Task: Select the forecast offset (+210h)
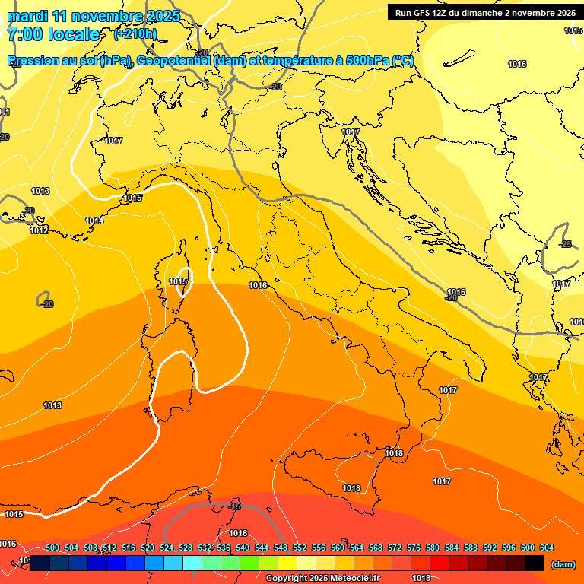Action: [x=135, y=34]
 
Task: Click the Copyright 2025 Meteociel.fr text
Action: [x=322, y=579]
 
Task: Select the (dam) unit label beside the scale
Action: [x=563, y=564]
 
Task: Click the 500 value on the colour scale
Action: [x=52, y=548]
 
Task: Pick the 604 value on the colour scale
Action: [x=547, y=548]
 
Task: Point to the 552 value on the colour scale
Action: [x=300, y=548]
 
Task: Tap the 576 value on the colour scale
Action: [x=414, y=548]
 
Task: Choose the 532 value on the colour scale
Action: [x=205, y=548]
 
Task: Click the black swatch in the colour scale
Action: [x=534, y=563]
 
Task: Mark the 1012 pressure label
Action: [x=40, y=230]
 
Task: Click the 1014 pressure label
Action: [x=94, y=221]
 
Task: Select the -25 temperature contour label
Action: [x=565, y=244]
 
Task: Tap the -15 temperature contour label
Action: [x=235, y=506]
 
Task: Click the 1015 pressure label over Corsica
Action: [x=178, y=281]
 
